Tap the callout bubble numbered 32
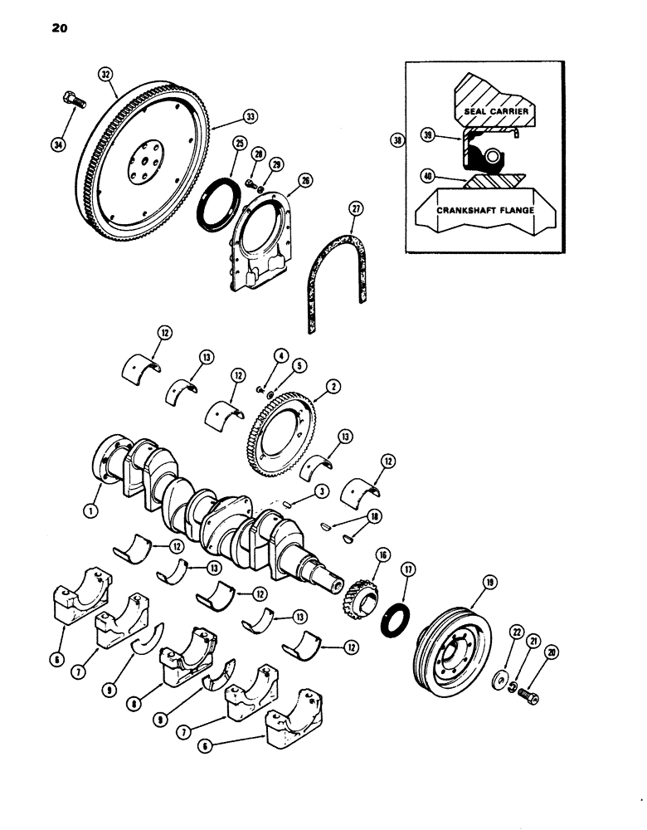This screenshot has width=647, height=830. [105, 72]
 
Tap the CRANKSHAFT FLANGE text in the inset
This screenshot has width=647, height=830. [484, 211]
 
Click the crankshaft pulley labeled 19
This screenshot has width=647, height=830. [452, 655]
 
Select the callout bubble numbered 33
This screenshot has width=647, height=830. [249, 116]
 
